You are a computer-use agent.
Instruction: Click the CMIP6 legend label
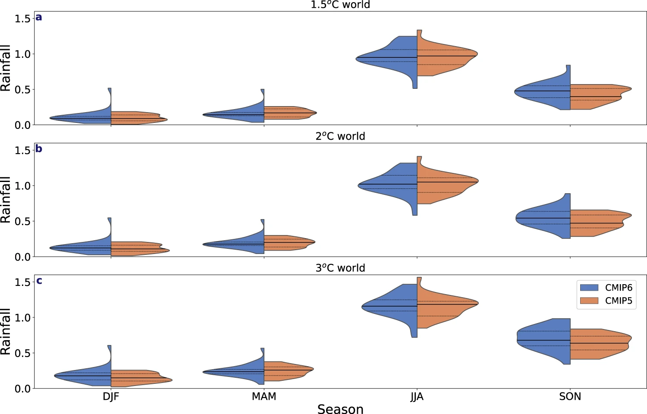(x=618, y=288)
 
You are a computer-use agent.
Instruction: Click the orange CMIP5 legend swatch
(x=589, y=301)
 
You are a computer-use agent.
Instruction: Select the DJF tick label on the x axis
(x=111, y=397)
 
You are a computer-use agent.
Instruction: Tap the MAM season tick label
(x=264, y=397)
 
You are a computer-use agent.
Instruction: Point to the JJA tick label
(x=417, y=397)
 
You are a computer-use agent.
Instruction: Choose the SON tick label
(x=570, y=397)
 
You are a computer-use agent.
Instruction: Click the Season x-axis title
(x=340, y=409)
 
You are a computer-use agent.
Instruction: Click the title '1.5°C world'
(x=340, y=5)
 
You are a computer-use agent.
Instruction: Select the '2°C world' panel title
(x=340, y=136)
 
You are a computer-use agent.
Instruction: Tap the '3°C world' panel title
(x=340, y=268)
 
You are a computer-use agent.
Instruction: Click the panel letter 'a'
(x=39, y=17)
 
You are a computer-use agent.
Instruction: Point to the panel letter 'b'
(x=39, y=149)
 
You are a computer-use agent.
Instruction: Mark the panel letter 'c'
(x=39, y=281)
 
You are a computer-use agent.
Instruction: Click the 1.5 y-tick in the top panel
(x=22, y=19)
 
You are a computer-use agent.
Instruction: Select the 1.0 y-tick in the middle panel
(x=22, y=186)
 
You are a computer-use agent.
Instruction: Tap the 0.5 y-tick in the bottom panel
(x=22, y=353)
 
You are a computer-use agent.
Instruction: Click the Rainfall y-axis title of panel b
(x=6, y=199)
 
